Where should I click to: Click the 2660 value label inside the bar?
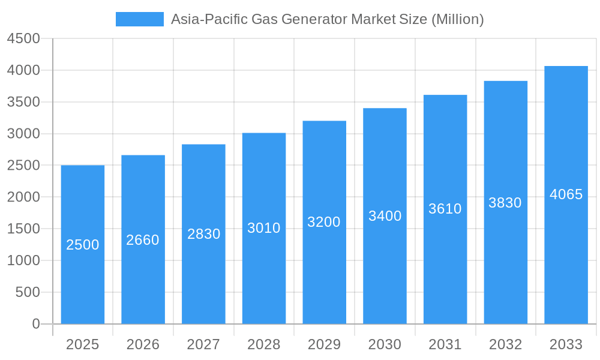pyautogui.click(x=143, y=240)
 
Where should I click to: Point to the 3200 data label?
pyautogui.click(x=324, y=222)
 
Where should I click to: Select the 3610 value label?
pyautogui.click(x=445, y=209)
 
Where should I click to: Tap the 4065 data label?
pyautogui.click(x=566, y=194)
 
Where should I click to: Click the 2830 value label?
pyautogui.click(x=203, y=234)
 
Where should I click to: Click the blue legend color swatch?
pyautogui.click(x=139, y=19)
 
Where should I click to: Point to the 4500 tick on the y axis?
pyautogui.click(x=23, y=39)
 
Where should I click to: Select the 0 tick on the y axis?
pyautogui.click(x=35, y=324)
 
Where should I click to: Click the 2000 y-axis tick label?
pyautogui.click(x=23, y=197)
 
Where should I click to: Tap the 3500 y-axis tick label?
pyautogui.click(x=23, y=102)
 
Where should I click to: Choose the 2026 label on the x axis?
pyautogui.click(x=143, y=344)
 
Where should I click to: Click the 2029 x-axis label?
pyautogui.click(x=324, y=344)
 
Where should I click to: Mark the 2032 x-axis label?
pyautogui.click(x=505, y=344)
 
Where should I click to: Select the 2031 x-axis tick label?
pyautogui.click(x=445, y=344)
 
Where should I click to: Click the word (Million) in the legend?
pyautogui.click(x=458, y=19)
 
